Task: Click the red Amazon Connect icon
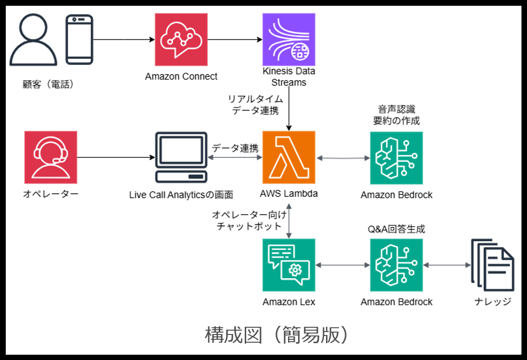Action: tap(181, 39)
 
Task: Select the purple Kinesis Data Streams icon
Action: tap(289, 39)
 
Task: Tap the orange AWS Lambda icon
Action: tap(289, 158)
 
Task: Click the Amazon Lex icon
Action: tap(289, 265)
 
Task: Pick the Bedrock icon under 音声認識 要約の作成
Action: tap(396, 158)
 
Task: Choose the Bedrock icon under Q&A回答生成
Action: tap(396, 265)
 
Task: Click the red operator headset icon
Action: tap(50, 157)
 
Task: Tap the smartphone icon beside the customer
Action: tap(79, 39)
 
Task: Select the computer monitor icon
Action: tap(181, 158)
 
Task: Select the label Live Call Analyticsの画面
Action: tap(181, 195)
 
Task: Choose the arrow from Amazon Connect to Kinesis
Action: tap(235, 39)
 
